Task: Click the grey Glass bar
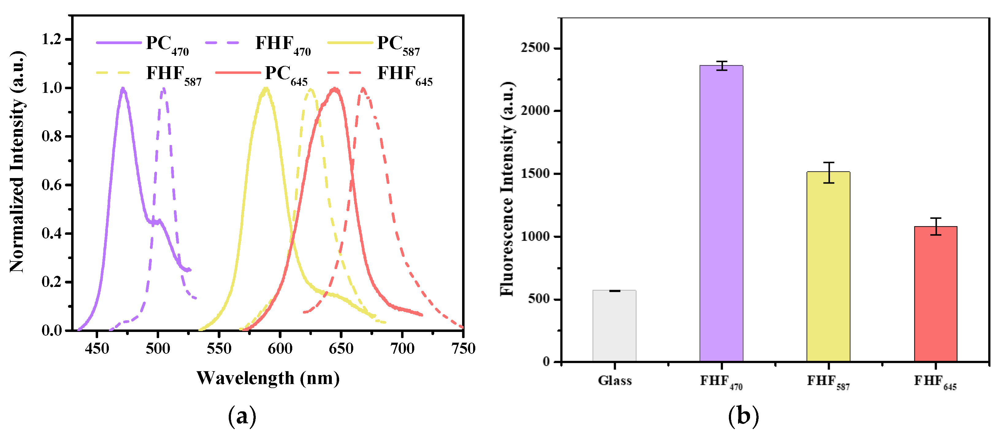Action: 614,326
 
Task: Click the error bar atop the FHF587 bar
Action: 828,173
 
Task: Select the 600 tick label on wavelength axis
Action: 280,348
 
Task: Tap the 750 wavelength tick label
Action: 463,348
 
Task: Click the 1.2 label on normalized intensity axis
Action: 52,39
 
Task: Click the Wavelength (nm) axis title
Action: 268,378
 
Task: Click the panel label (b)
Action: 743,416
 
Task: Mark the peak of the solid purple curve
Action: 123,89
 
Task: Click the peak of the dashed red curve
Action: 363,89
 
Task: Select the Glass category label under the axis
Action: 614,380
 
